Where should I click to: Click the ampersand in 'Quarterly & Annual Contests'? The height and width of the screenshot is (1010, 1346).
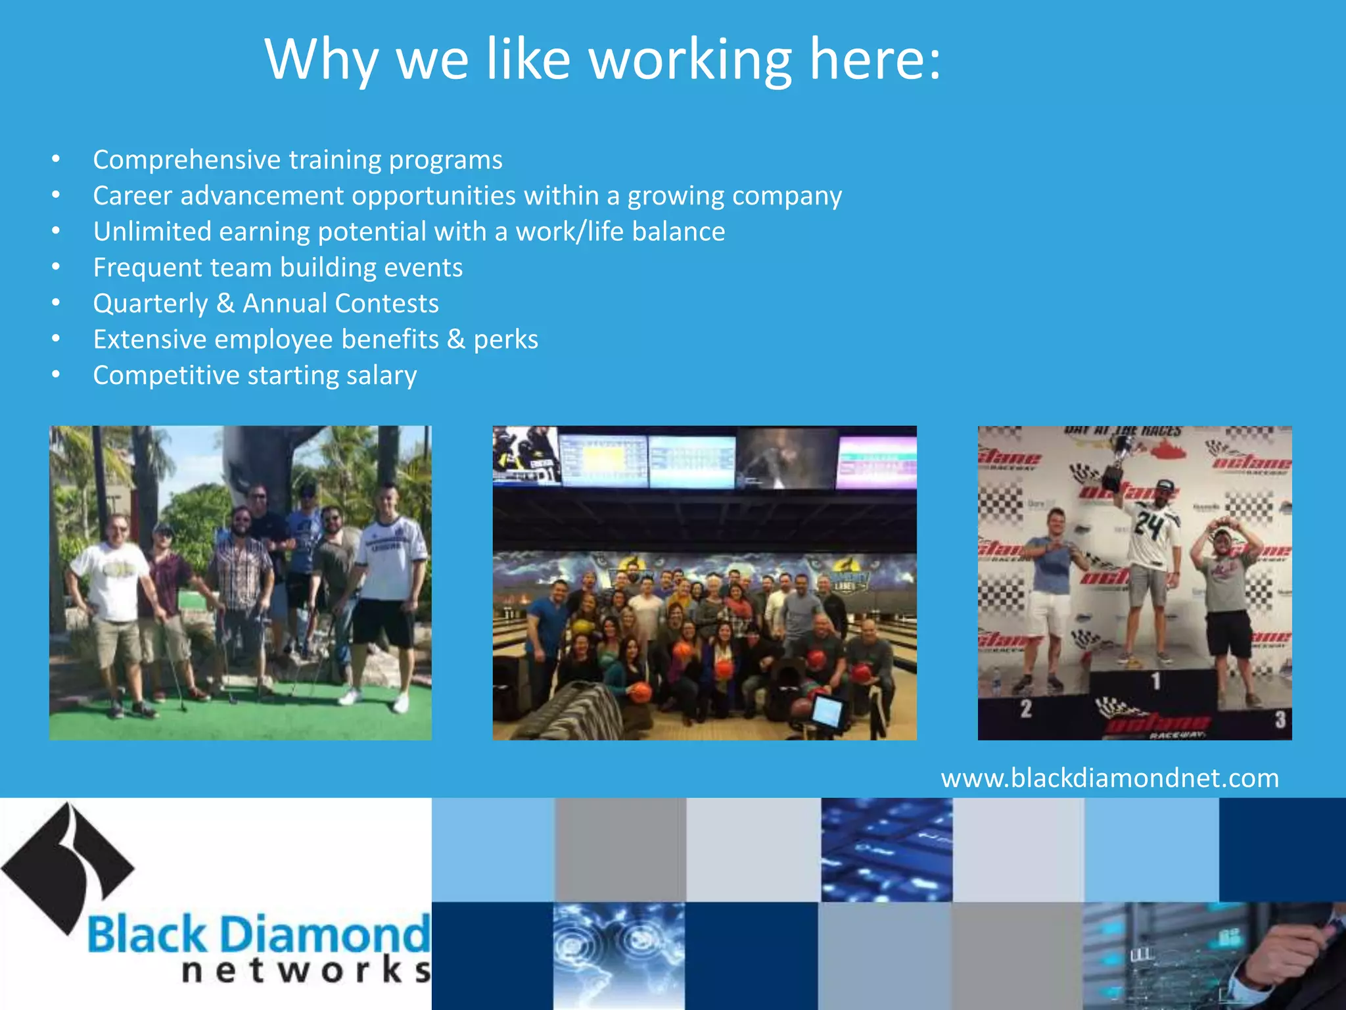pos(225,303)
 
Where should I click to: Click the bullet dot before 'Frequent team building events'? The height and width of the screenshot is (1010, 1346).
pos(56,267)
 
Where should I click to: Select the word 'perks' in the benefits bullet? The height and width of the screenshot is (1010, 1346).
pos(505,340)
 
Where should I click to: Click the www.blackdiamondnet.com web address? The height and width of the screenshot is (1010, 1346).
pos(1109,779)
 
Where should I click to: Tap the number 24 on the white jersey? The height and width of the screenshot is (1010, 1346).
pos(1149,525)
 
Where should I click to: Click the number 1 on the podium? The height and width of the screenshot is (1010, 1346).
pos(1155,681)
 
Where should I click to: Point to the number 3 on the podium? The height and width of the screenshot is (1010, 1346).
pos(1280,719)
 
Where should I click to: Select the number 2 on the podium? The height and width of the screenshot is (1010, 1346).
pos(1026,708)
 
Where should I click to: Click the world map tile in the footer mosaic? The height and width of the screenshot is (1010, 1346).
pos(618,955)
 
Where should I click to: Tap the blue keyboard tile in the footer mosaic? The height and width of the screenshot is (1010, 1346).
pos(886,850)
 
